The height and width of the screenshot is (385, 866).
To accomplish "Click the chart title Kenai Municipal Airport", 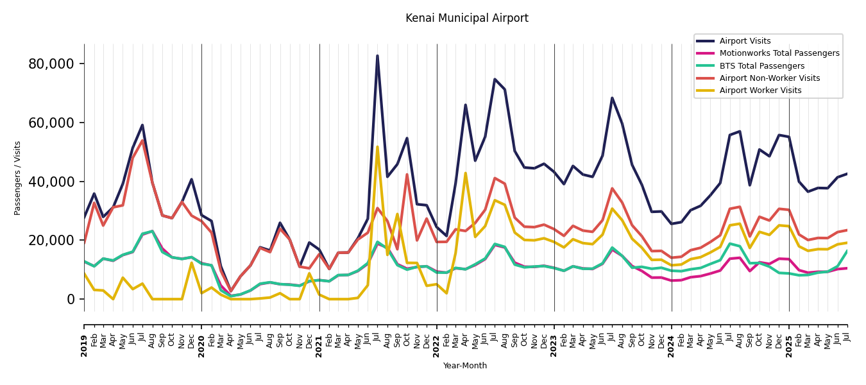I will [466, 19].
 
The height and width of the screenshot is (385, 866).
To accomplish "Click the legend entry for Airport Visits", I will [745, 41].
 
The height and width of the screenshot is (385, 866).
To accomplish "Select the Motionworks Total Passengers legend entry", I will [779, 53].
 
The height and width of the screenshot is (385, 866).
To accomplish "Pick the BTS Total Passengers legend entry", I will [761, 66].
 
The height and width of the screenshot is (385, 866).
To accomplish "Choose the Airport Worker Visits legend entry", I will [760, 90].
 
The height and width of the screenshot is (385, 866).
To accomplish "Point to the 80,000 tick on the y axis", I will [51, 64].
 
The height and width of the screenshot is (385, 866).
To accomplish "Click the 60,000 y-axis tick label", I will [51, 123].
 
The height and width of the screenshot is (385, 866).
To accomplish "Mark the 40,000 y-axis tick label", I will [51, 182].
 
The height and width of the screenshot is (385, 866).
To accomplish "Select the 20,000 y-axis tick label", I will [51, 241].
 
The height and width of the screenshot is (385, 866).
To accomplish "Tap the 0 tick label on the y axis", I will [71, 300].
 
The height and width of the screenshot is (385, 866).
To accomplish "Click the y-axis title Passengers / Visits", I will [17, 178].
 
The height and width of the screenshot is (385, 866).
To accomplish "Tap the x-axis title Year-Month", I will [465, 366].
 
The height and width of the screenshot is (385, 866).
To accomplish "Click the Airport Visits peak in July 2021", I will [377, 56].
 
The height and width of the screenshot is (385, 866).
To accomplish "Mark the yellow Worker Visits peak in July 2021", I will [377, 147].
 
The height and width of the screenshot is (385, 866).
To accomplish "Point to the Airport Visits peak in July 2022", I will [495, 80].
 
